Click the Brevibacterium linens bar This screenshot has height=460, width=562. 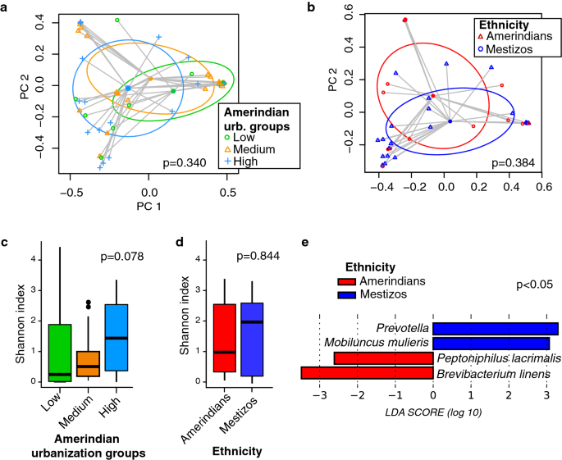click(367, 373)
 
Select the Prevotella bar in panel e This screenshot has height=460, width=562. click(496, 328)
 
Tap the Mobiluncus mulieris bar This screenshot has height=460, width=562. click(491, 343)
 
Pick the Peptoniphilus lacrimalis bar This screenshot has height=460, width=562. click(383, 358)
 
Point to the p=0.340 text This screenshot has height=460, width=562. click(200, 162)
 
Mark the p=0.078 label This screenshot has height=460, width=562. click(121, 257)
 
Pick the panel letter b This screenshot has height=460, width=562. click(310, 7)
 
